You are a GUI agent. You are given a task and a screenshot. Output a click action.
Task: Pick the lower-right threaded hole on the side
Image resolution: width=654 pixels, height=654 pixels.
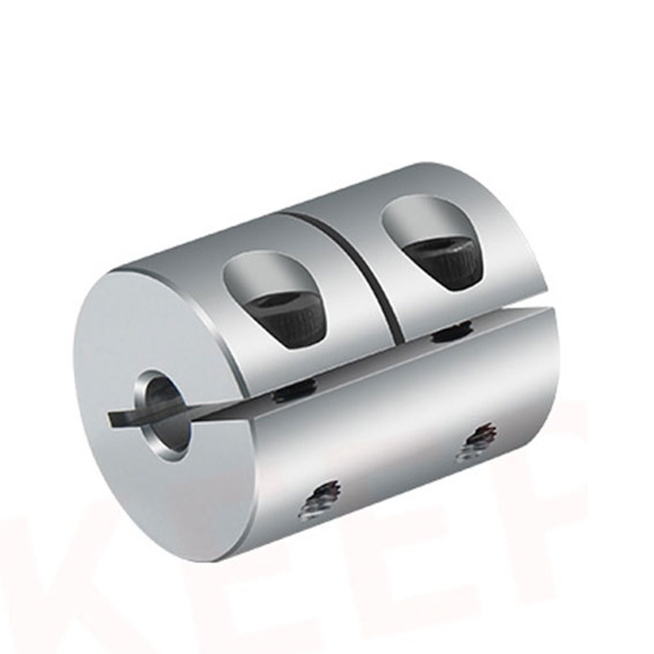tap(477, 441)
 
